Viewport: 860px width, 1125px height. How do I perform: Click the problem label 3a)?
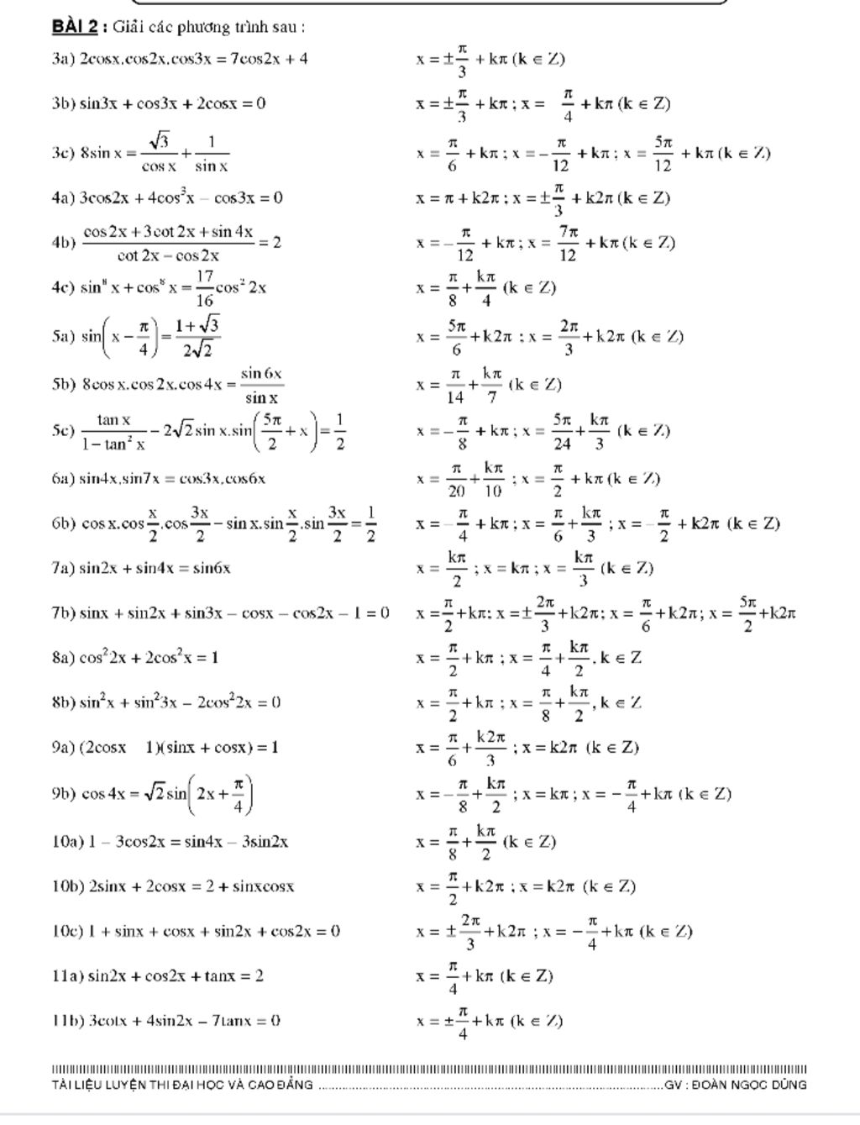coord(63,59)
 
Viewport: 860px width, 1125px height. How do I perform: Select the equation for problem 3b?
coord(173,104)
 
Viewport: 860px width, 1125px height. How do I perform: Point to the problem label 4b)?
coord(64,243)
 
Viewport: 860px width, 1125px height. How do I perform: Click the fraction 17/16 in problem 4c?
coord(204,287)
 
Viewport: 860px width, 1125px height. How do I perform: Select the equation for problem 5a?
coord(151,337)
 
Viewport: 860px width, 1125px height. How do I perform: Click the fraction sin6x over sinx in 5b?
coord(261,385)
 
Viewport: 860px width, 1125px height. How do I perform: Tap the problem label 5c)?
coord(63,430)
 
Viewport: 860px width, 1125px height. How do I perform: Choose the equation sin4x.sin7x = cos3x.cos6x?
coord(172,479)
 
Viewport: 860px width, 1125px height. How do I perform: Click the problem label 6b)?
coord(64,524)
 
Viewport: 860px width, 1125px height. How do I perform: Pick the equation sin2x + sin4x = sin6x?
coord(155,569)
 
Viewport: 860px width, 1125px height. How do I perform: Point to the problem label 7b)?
coord(63,613)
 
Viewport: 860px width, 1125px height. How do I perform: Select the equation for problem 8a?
coord(149,658)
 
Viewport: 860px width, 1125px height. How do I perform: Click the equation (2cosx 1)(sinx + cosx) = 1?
coord(179,747)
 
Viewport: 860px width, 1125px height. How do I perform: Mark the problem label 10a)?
coord(68,841)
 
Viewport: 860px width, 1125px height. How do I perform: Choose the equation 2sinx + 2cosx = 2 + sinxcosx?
coord(191,886)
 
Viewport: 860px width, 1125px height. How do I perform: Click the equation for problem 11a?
coord(176,976)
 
